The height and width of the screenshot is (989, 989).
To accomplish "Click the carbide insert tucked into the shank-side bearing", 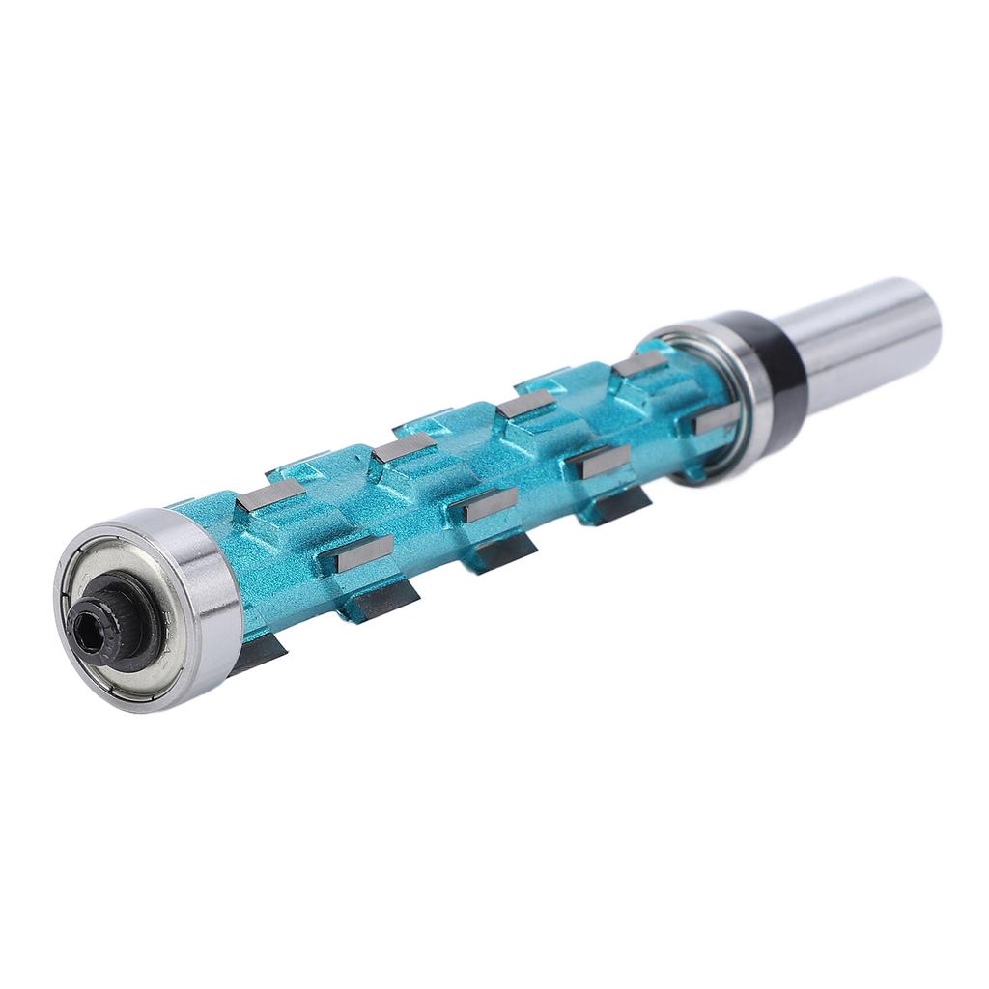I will [715, 417].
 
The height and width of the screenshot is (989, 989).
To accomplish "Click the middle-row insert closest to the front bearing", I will [358, 552].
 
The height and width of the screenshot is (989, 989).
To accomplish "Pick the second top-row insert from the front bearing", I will [405, 447].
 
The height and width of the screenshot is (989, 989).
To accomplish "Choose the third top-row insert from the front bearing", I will [526, 405].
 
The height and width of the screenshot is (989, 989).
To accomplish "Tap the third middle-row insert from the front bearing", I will [600, 462].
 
